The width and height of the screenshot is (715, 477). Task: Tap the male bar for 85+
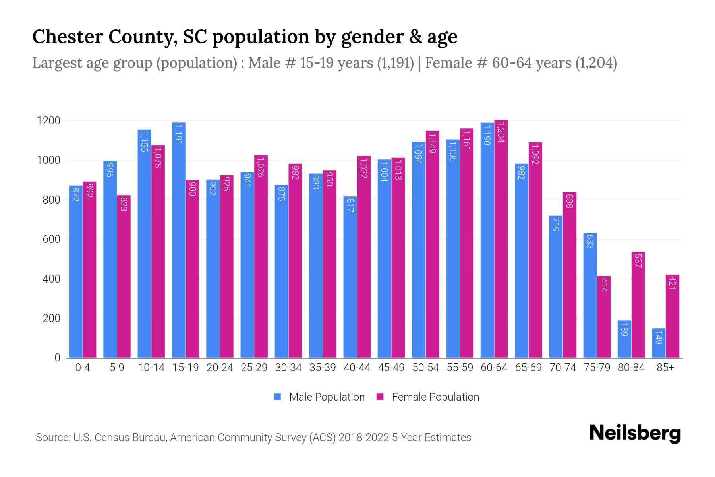pos(659,343)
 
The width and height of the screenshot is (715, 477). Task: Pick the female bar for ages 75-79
pos(604,317)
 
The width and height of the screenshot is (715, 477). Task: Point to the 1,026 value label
pos(261,167)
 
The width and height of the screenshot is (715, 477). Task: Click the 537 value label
pos(638,261)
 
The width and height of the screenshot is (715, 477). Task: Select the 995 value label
pos(110,170)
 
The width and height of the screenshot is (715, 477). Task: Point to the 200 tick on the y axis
pos(51,318)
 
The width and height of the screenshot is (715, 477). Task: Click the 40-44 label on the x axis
pos(357,368)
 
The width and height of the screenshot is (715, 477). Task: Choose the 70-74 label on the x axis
pos(562,368)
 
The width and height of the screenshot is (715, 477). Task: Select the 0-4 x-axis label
pos(83,368)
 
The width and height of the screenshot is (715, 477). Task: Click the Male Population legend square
pos(277,397)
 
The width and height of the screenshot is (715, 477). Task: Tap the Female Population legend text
pos(435,397)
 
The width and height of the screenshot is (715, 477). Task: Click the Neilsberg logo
pos(635,433)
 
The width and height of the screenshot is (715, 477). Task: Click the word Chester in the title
pos(64,37)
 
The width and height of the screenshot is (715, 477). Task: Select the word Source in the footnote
pos(52,438)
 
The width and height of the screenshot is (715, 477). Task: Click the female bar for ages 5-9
pos(124,277)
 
